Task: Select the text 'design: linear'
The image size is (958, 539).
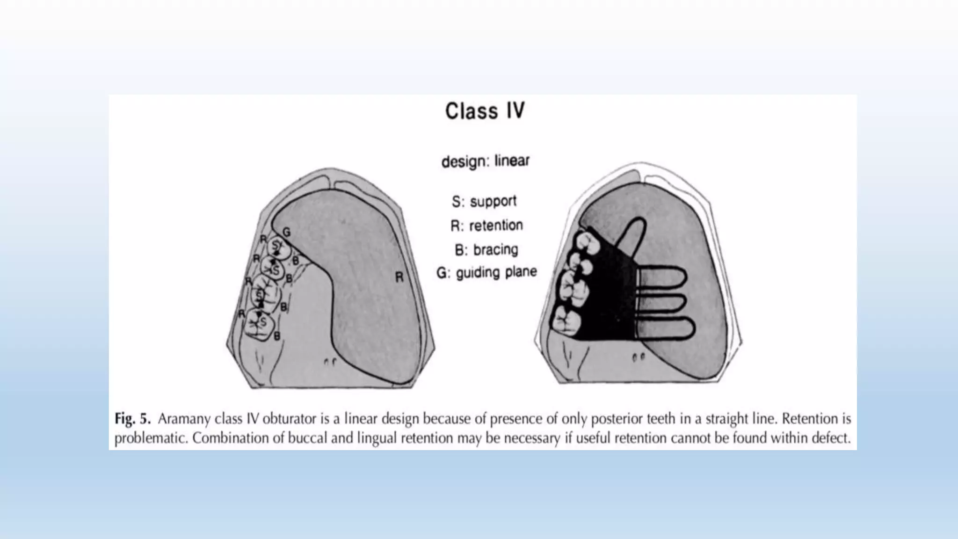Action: [x=485, y=161]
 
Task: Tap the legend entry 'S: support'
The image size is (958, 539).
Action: [x=484, y=201]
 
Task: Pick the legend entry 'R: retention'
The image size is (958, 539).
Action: [x=486, y=226]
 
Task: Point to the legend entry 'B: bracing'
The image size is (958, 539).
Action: [x=486, y=249]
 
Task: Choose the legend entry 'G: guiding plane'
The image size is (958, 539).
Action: [x=486, y=272]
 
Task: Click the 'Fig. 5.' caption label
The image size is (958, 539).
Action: [x=132, y=419]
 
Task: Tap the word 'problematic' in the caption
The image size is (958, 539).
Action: [x=151, y=438]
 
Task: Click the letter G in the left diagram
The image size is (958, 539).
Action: [x=286, y=232]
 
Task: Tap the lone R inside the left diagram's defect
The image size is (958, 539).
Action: [x=399, y=277]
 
